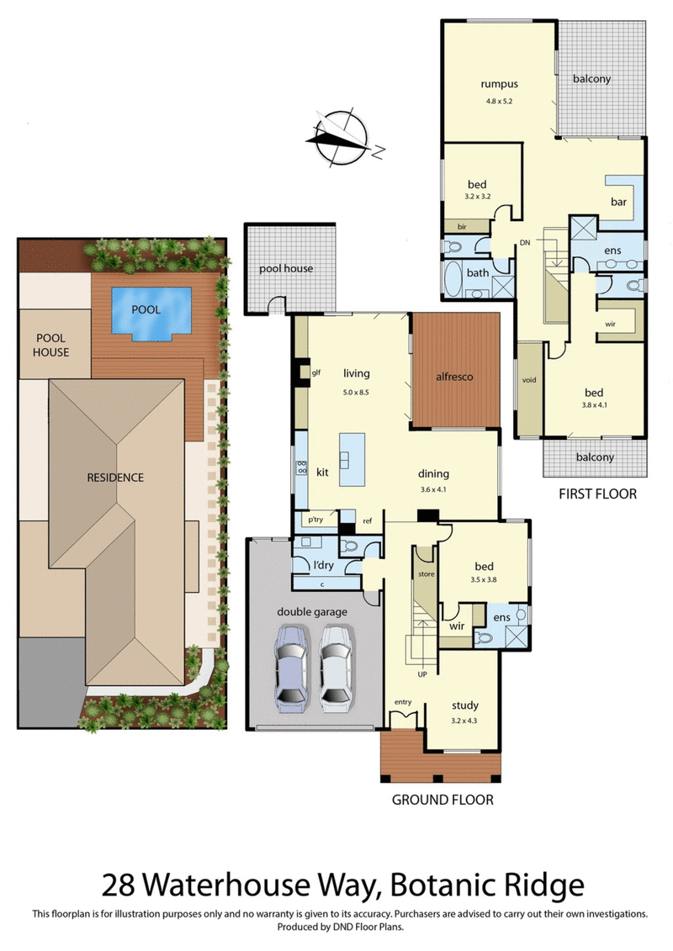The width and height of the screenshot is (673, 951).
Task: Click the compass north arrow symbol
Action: (x=341, y=135)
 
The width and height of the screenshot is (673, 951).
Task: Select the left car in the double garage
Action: (x=292, y=664)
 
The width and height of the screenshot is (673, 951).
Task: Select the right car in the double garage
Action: (x=335, y=664)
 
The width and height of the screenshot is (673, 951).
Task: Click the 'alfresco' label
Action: (x=454, y=377)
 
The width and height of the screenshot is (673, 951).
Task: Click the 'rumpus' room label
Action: (x=498, y=84)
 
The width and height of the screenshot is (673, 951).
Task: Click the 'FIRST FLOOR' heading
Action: (x=597, y=494)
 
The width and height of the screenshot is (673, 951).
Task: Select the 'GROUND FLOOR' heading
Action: (x=442, y=800)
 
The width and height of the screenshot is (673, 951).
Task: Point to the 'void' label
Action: (x=528, y=380)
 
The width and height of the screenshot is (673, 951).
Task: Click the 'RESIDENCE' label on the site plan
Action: (x=115, y=478)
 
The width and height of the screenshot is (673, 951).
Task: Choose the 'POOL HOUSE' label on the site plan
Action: (x=52, y=345)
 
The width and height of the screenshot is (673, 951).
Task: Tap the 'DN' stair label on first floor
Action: (x=524, y=242)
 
